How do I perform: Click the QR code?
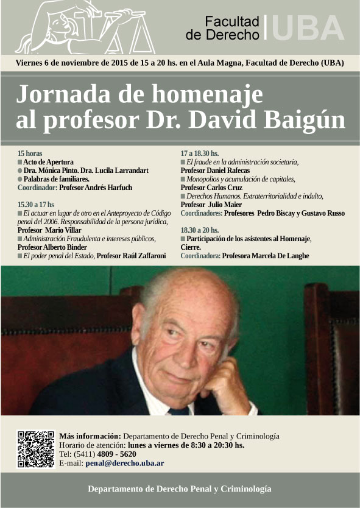(35, 449)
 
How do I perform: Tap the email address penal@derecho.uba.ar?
(124, 464)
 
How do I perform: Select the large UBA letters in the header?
(308, 27)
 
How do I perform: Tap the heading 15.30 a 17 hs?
(36, 204)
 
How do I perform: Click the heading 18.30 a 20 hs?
(200, 230)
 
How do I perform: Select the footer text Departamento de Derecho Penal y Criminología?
(180, 489)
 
